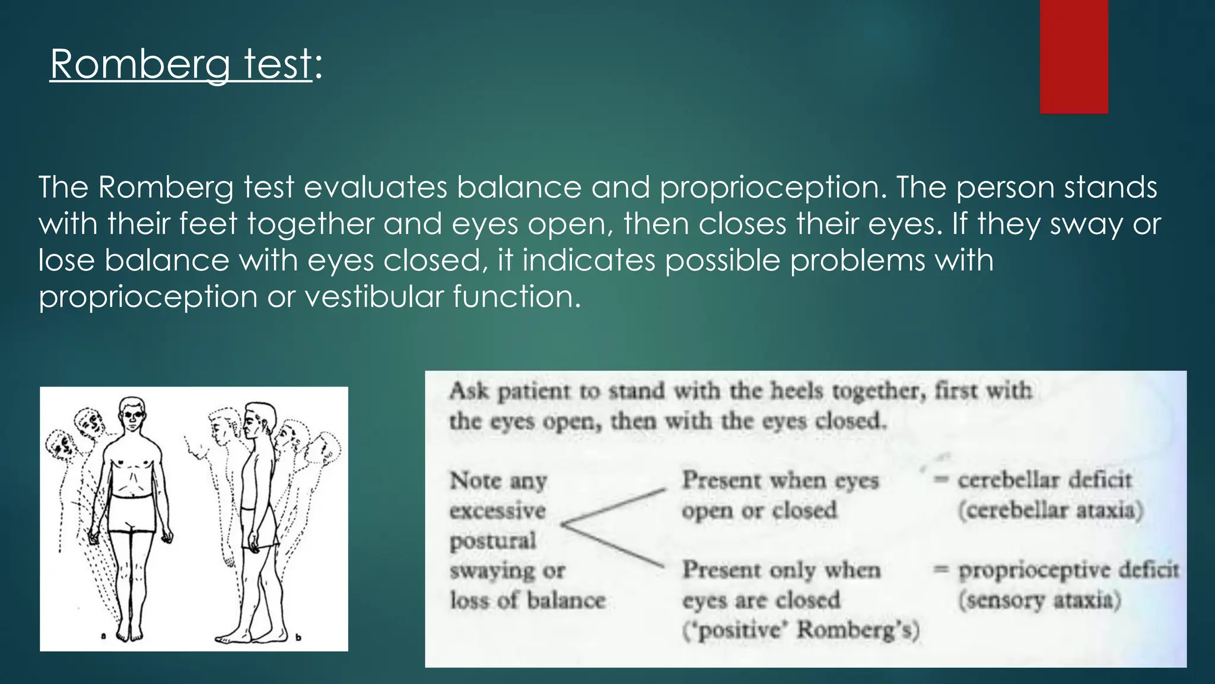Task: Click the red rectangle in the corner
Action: (1074, 56)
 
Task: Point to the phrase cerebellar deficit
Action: (1044, 480)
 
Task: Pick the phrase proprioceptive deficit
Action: (1068, 569)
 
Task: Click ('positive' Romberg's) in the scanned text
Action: (801, 630)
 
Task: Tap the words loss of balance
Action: (527, 600)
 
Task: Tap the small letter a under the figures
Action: (103, 636)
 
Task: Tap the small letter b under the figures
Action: (298, 637)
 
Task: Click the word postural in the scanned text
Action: (492, 541)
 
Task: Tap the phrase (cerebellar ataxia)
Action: (1050, 510)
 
